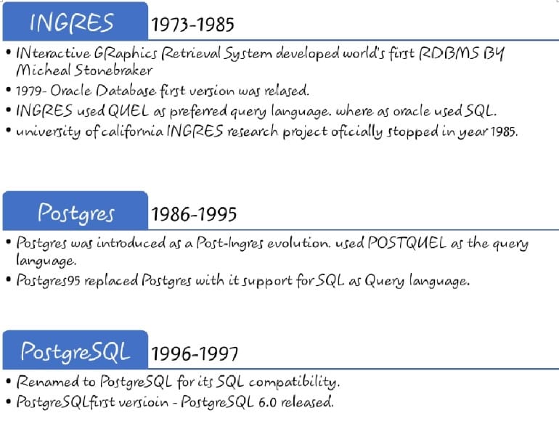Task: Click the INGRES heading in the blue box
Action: [x=72, y=23]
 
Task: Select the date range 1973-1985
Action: [x=192, y=25]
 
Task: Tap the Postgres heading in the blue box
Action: [x=76, y=213]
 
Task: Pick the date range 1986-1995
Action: [x=194, y=214]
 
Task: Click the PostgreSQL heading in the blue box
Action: [x=76, y=351]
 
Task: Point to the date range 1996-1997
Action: [x=195, y=353]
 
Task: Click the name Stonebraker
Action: [x=113, y=70]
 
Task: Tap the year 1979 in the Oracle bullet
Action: [x=29, y=91]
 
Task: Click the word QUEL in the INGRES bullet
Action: [x=128, y=111]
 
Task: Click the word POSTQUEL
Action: [x=407, y=243]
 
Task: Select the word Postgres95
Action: [x=48, y=281]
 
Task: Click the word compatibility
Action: [x=294, y=383]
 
